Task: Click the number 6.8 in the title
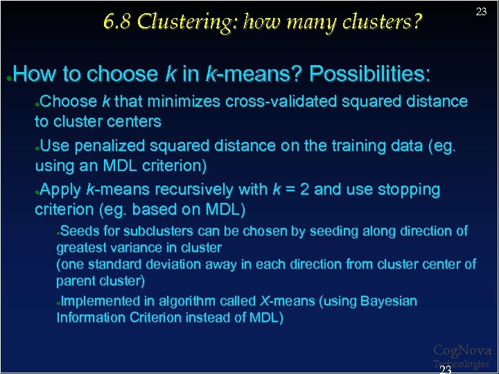point(117,22)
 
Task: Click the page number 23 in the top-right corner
point(481,12)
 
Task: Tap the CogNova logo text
point(462,351)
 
